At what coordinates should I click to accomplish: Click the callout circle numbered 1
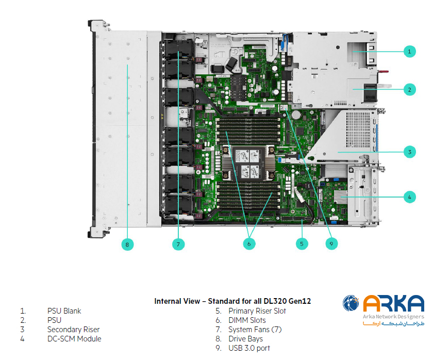click(409, 51)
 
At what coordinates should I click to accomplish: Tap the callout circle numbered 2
click(409, 90)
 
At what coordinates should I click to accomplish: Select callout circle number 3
click(409, 152)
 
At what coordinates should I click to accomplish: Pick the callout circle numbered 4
click(409, 197)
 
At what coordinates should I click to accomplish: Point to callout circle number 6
click(249, 243)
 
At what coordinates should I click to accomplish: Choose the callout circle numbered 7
click(178, 243)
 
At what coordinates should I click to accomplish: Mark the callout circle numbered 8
click(127, 243)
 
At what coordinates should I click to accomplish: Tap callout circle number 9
click(331, 243)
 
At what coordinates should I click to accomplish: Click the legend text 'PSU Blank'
click(64, 311)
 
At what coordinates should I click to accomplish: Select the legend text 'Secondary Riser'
click(73, 330)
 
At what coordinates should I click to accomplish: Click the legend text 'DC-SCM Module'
click(74, 339)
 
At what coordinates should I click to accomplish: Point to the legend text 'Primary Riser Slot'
click(257, 311)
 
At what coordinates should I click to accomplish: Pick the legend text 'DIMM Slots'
click(247, 320)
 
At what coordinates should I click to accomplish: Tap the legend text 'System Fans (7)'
click(256, 330)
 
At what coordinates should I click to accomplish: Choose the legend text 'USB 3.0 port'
click(249, 348)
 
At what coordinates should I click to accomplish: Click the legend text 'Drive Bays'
click(245, 339)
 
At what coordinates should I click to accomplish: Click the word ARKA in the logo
click(393, 304)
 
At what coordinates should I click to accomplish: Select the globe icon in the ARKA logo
click(352, 303)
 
